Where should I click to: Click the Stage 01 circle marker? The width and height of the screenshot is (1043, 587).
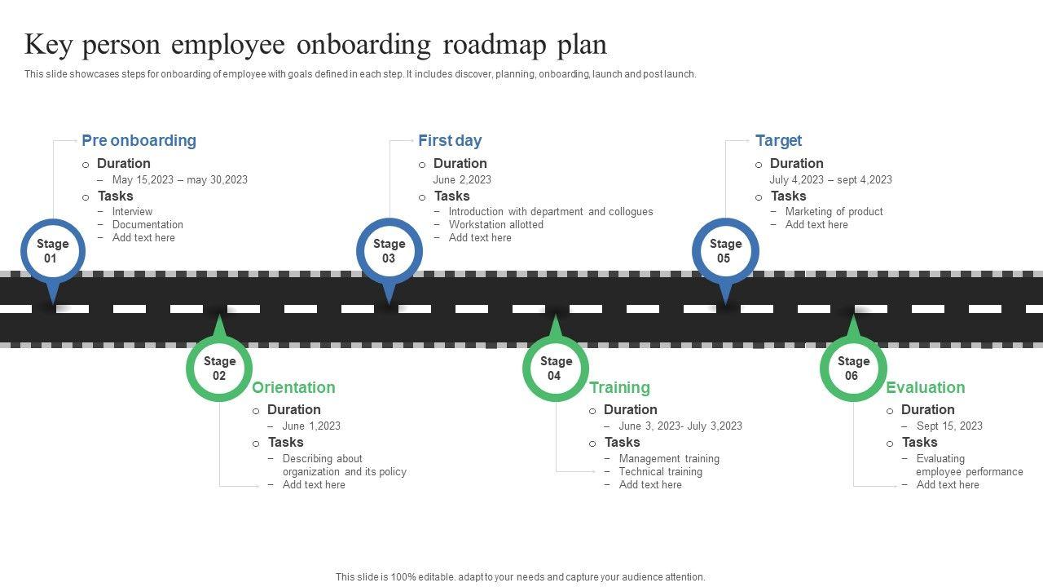tap(52, 251)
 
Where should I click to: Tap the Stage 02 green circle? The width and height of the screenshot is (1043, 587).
tap(219, 369)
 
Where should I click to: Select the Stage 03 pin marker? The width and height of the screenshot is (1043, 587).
tap(389, 251)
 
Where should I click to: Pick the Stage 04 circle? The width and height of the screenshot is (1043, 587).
tap(555, 369)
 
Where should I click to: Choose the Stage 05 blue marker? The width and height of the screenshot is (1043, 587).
tap(725, 251)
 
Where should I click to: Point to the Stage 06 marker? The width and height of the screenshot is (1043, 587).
tap(852, 369)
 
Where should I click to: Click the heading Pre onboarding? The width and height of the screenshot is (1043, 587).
tap(139, 140)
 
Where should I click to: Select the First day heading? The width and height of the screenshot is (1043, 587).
tap(450, 140)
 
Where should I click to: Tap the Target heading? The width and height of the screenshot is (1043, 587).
tap(778, 140)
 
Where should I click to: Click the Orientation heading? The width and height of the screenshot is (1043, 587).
tap(293, 387)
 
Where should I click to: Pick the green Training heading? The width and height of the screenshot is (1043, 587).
tap(619, 387)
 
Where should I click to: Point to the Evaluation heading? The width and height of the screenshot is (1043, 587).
tap(925, 387)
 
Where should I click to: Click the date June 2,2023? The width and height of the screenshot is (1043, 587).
tap(462, 179)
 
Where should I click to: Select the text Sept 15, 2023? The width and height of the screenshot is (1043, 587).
tap(949, 426)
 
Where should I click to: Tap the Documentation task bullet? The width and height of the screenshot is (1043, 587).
tap(147, 224)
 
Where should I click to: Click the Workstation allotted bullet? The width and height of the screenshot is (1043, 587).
tap(495, 224)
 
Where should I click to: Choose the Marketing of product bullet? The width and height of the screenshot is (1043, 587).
tap(834, 211)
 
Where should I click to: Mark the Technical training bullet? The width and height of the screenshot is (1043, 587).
tap(660, 471)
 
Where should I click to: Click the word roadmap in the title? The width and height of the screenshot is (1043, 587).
tap(495, 45)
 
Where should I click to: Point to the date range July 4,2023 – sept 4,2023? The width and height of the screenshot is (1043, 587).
tap(830, 179)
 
